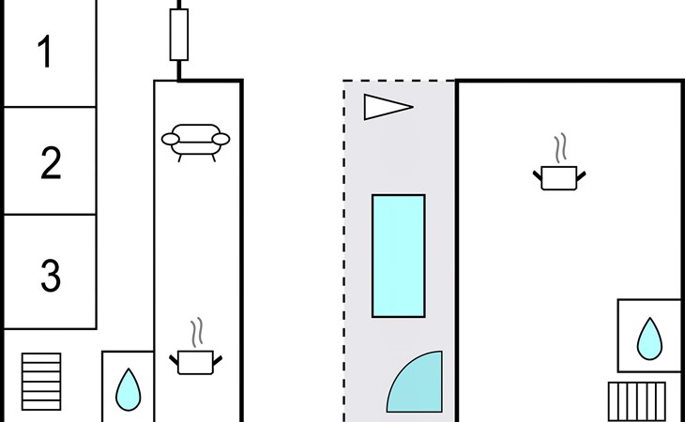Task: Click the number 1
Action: (44, 53)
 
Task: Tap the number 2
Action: (51, 163)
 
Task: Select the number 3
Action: (51, 275)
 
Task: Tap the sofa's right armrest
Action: (221, 140)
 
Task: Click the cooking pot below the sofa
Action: (196, 362)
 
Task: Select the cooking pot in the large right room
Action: (561, 177)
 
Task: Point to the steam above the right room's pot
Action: (561, 148)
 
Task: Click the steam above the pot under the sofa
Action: (196, 333)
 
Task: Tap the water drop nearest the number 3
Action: (128, 388)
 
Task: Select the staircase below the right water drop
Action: (636, 401)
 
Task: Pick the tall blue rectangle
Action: (399, 255)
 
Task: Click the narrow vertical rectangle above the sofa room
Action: (178, 35)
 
